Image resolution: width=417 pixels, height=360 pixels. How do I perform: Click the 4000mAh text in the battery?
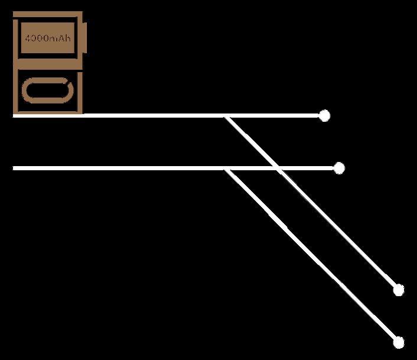point(48,38)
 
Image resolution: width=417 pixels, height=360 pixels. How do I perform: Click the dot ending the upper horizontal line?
point(324,115)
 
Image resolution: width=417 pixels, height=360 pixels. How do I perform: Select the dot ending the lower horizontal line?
point(339,168)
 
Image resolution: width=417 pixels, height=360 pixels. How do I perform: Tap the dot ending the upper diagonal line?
point(399,290)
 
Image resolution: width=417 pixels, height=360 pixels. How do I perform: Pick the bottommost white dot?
point(399,342)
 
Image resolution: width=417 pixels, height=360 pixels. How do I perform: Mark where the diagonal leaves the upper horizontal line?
point(226,116)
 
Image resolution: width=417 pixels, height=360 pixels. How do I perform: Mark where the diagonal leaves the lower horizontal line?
point(226,170)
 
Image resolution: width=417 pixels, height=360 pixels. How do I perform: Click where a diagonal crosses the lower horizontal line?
point(278,168)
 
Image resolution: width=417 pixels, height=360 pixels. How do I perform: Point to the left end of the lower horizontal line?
point(15,168)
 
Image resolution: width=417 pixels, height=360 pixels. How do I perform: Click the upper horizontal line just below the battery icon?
point(47,115)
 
